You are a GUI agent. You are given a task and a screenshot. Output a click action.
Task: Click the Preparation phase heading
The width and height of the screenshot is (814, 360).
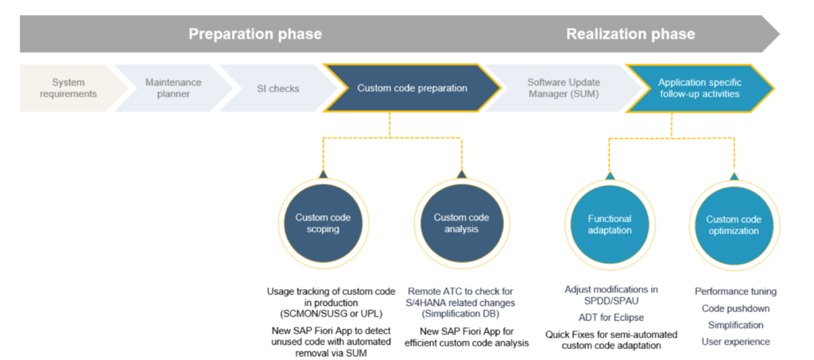coord(254,34)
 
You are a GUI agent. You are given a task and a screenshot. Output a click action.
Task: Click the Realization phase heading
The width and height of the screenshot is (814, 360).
coord(630,34)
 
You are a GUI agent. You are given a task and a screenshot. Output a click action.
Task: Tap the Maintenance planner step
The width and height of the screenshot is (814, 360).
coord(173,88)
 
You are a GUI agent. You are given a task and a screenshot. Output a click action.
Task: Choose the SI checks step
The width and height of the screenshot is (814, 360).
coord(278,88)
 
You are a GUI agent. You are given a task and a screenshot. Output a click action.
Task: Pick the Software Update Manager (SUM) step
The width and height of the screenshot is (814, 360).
coord(564,88)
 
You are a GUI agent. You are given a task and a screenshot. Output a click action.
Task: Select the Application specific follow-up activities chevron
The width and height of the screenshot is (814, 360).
coord(699,88)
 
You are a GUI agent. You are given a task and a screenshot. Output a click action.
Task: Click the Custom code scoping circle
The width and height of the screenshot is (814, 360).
coord(323,223)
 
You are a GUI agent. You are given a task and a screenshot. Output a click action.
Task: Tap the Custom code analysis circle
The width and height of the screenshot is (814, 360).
coord(461,223)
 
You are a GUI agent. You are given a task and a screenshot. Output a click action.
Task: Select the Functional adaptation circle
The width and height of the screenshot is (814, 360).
coord(610,225)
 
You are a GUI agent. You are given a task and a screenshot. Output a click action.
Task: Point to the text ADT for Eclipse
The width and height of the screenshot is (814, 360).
coord(610,317)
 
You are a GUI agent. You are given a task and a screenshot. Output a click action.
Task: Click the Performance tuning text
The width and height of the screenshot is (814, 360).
coord(735,292)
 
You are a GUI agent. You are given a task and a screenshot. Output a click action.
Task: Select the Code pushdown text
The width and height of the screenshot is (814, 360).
coord(735,308)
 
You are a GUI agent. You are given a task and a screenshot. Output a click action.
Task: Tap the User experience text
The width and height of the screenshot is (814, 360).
coord(735,342)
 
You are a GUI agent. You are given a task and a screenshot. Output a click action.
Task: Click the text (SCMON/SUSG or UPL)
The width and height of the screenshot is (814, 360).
coord(323,314)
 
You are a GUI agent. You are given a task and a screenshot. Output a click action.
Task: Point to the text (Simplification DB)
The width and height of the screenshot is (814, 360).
coord(461,314)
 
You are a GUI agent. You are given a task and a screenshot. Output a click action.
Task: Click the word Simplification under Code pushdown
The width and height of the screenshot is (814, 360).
coord(735,325)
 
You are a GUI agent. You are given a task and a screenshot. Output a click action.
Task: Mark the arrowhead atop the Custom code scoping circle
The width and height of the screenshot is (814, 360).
coord(323,173)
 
